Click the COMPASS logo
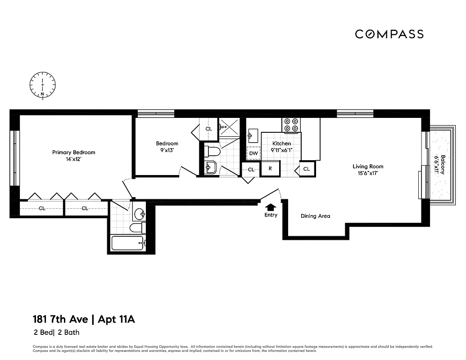(x=389, y=34)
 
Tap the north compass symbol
(x=42, y=85)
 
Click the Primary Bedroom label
(x=73, y=153)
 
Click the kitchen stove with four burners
(x=291, y=125)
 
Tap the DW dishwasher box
(x=253, y=153)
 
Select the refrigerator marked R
(x=270, y=169)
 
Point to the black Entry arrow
(x=271, y=207)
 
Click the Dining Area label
(x=315, y=216)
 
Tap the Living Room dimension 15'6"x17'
(x=368, y=173)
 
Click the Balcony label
(x=443, y=165)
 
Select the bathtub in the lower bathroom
(x=127, y=243)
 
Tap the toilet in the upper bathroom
(x=212, y=150)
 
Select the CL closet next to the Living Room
(x=306, y=169)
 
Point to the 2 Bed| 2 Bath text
(x=56, y=333)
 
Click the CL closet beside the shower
(x=208, y=129)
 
